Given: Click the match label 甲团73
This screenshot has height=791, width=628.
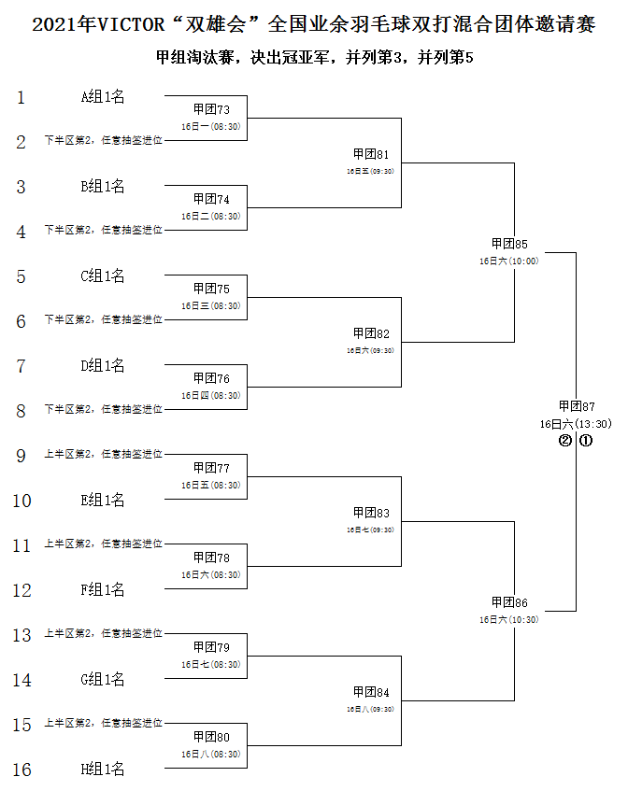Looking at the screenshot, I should tap(211, 109).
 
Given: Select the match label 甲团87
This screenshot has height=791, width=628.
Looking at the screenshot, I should tap(577, 406).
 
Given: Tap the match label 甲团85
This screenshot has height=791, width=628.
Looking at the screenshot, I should tap(509, 244).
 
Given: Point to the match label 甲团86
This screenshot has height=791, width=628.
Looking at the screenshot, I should tap(509, 602).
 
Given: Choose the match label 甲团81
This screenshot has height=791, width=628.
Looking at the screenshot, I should tap(371, 154).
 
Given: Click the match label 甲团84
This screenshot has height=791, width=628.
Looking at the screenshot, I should tap(371, 692).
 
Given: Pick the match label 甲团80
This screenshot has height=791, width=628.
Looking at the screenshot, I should tap(211, 737).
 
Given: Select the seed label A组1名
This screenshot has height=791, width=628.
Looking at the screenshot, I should tap(103, 96).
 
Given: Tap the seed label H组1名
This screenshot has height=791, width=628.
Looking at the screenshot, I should tap(103, 770).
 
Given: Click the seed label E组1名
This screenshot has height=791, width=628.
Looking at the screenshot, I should tap(103, 501).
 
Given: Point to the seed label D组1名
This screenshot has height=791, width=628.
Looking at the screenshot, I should tap(103, 366).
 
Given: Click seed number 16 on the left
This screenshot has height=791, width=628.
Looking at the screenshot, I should tap(21, 770).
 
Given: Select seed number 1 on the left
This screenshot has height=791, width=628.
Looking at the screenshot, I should tap(21, 97).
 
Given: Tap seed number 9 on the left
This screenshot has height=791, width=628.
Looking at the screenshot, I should tap(21, 456).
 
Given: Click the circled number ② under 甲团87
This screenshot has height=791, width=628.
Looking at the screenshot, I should tap(564, 441).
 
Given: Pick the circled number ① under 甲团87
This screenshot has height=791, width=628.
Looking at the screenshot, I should tap(585, 441).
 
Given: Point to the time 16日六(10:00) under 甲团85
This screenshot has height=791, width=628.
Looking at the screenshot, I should tap(509, 261).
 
